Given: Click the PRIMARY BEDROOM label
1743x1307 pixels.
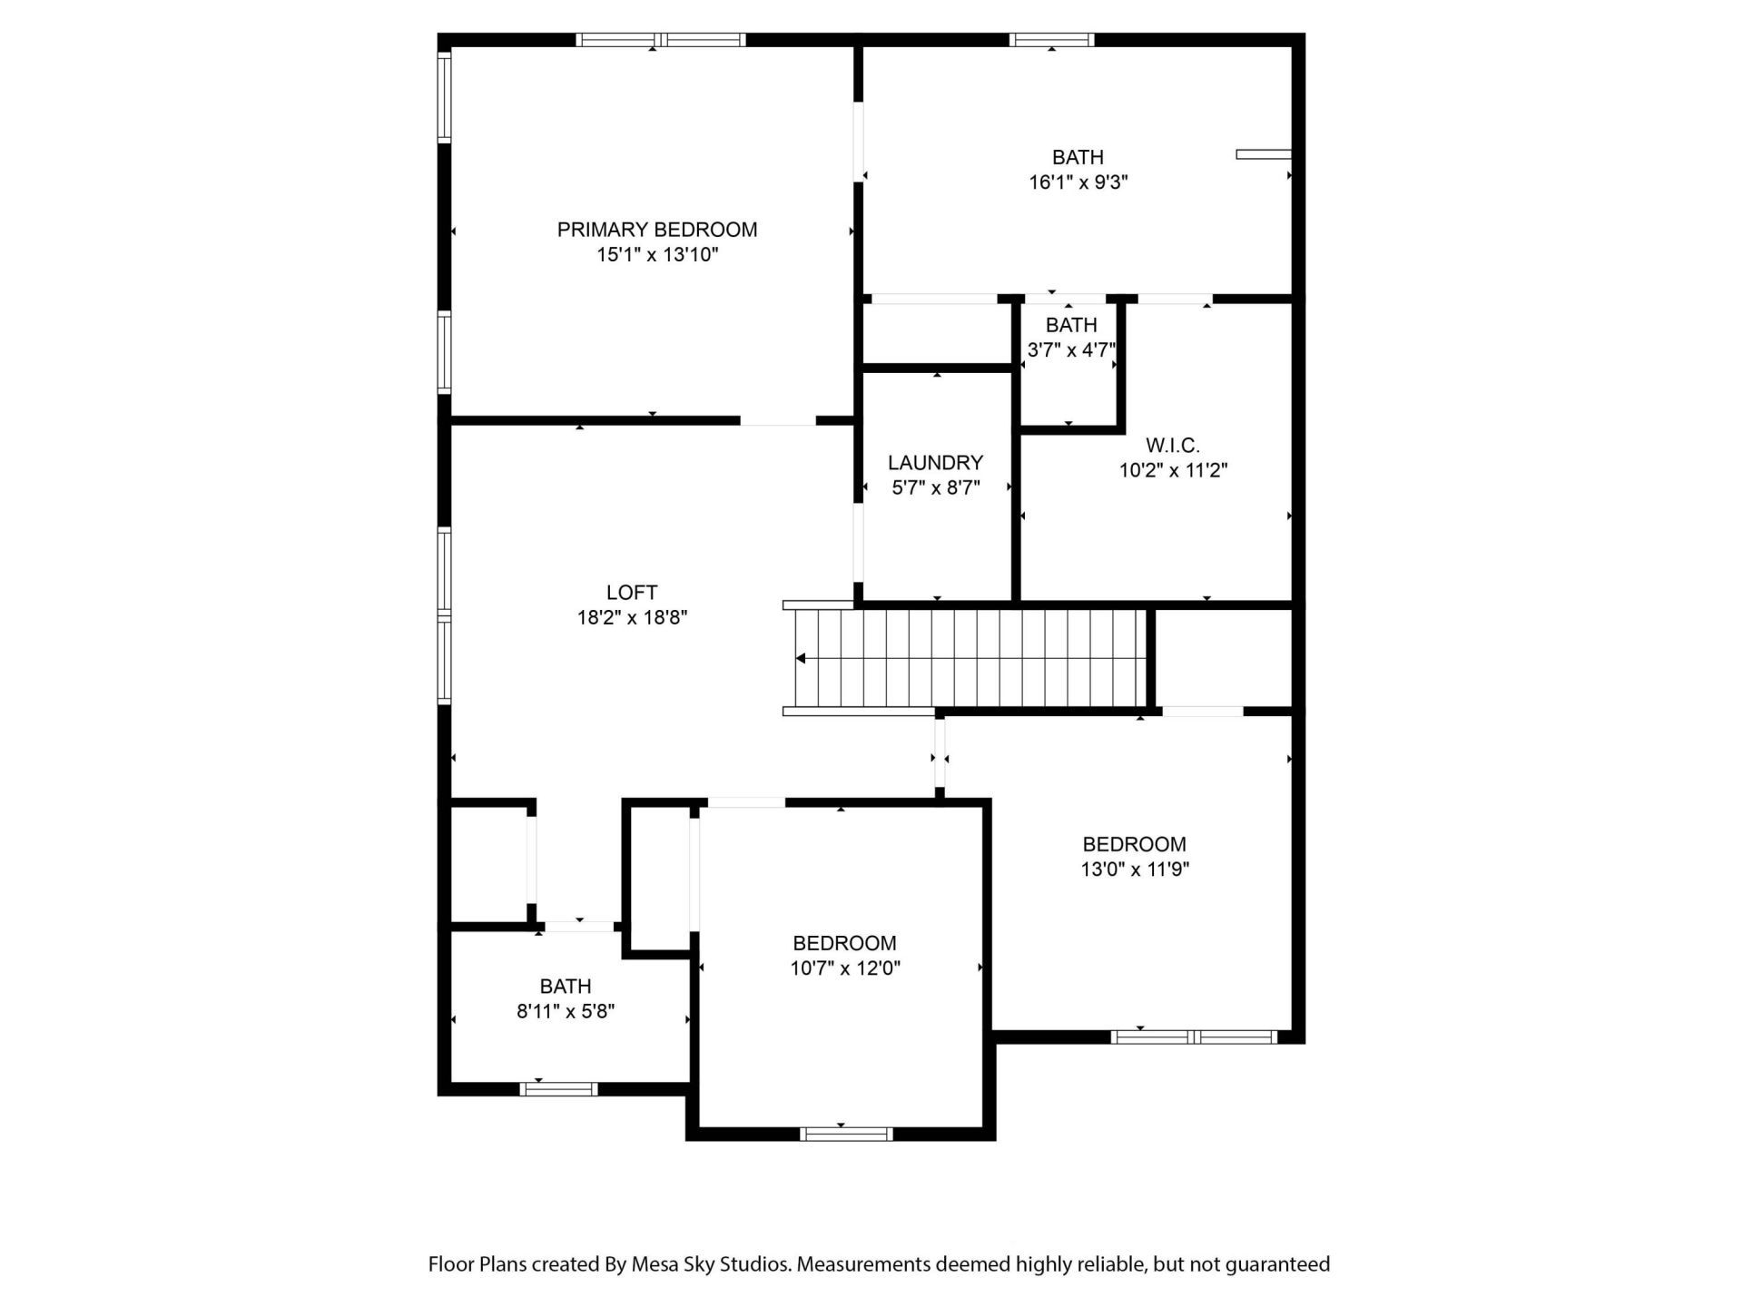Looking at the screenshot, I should click(656, 230).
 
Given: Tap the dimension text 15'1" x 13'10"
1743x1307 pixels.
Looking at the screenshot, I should click(656, 255).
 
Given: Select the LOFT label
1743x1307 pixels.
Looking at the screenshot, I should click(632, 593).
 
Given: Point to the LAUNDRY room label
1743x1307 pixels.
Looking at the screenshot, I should click(935, 463).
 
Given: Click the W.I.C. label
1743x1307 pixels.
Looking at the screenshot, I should click(1172, 446).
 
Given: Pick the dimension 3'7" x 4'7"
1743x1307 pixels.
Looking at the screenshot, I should click(1070, 350).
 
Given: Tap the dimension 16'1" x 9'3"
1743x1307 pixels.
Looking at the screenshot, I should click(1078, 182).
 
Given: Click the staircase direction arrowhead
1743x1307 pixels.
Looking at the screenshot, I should click(801, 659).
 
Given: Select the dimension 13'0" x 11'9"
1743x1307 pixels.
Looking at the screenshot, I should click(1134, 870).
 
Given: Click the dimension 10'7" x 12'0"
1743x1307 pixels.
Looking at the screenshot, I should click(844, 968).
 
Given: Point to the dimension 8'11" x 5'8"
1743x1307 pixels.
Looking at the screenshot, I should click(566, 1011).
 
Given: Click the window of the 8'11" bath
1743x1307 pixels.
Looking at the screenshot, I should click(558, 1089).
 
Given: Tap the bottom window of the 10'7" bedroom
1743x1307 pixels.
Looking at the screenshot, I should click(845, 1134).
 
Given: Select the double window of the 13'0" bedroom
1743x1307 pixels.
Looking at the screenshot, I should click(1194, 1037).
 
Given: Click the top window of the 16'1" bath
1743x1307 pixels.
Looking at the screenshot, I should click(1051, 39).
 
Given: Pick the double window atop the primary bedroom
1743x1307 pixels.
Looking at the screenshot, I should click(661, 39).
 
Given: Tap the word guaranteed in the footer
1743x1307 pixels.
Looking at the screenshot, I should click(1277, 1264).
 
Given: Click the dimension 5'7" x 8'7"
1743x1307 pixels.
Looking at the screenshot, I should click(935, 488).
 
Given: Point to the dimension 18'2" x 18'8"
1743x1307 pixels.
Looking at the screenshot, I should click(632, 618).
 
